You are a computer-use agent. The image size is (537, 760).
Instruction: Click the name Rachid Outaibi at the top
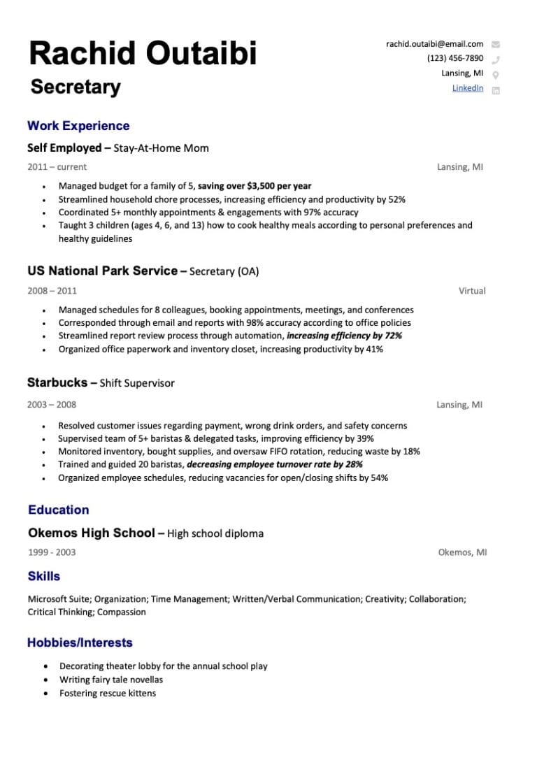[143, 54]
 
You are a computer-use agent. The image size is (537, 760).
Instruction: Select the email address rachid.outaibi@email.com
[434, 44]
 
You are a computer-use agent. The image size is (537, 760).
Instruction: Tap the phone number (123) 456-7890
[454, 58]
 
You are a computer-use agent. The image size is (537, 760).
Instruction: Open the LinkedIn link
[467, 87]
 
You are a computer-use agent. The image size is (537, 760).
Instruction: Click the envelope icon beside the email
[496, 45]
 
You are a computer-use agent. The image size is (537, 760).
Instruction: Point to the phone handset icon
[496, 59]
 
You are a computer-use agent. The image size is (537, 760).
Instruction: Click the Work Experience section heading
[78, 126]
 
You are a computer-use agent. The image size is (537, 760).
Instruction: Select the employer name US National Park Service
[102, 271]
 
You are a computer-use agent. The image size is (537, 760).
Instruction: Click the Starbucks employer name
[57, 382]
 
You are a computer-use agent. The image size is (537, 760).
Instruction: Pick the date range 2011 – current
[57, 167]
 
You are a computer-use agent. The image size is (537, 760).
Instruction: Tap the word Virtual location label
[472, 291]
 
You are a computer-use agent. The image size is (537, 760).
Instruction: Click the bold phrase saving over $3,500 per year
[255, 186]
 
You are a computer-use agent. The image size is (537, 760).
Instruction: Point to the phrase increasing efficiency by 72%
[344, 336]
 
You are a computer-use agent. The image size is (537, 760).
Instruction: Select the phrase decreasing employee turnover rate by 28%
[275, 464]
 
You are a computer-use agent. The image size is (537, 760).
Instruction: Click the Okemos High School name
[91, 533]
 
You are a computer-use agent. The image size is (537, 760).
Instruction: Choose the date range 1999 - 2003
[52, 552]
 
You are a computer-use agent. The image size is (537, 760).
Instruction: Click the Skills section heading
[44, 576]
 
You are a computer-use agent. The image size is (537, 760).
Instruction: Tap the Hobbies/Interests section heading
[80, 643]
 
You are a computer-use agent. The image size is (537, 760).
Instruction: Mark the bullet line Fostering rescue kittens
[108, 694]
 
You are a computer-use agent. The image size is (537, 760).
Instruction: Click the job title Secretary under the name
[76, 87]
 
